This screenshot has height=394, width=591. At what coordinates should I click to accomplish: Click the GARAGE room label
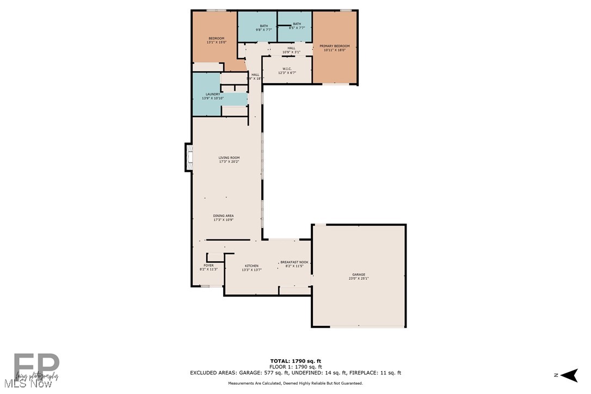pyautogui.click(x=358, y=274)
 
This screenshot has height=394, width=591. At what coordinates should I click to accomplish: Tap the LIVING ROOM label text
pyautogui.click(x=229, y=158)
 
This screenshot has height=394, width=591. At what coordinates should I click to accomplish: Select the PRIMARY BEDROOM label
pyautogui.click(x=335, y=46)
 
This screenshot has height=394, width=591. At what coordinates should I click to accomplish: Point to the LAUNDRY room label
pyautogui.click(x=212, y=94)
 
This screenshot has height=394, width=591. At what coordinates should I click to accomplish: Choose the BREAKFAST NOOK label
pyautogui.click(x=294, y=262)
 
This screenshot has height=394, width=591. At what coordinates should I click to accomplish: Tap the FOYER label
pyautogui.click(x=209, y=266)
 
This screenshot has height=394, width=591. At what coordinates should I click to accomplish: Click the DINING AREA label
pyautogui.click(x=224, y=216)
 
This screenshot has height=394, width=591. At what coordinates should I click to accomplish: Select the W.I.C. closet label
pyautogui.click(x=287, y=69)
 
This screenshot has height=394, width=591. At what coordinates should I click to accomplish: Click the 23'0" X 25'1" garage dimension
pyautogui.click(x=359, y=279)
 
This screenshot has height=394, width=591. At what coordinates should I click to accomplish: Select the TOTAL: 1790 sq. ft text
pyautogui.click(x=295, y=361)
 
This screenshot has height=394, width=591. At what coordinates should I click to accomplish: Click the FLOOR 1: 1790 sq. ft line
pyautogui.click(x=295, y=367)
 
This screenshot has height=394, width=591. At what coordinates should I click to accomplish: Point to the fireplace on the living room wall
pyautogui.click(x=189, y=157)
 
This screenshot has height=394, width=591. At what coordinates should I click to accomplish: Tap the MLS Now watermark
pyautogui.click(x=26, y=384)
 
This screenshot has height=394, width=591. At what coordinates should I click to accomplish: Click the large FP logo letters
pyautogui.click(x=36, y=366)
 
